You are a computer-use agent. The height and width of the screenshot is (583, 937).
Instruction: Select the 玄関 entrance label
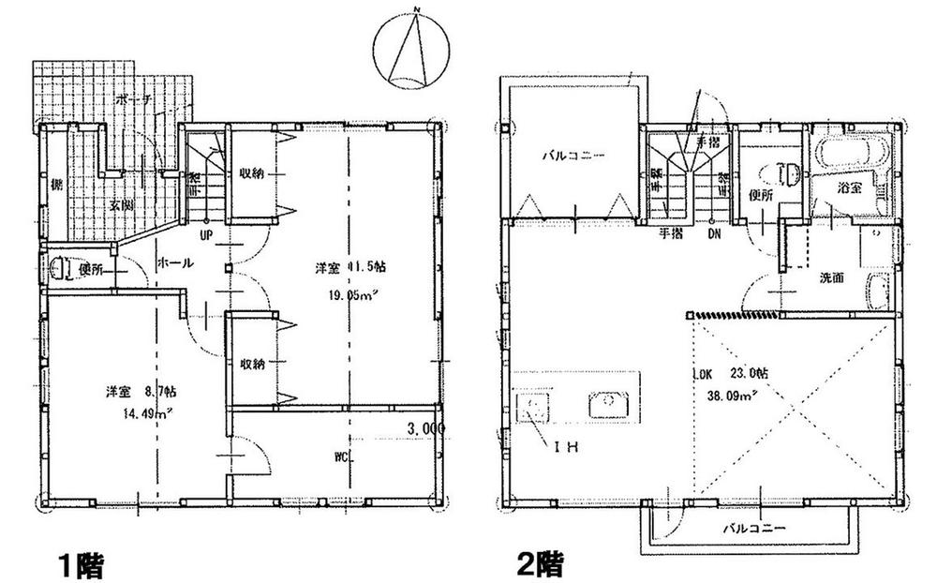tap(117, 203)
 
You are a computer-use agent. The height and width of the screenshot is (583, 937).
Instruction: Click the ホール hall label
tap(175, 263)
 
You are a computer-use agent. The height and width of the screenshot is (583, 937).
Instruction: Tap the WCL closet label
tap(342, 457)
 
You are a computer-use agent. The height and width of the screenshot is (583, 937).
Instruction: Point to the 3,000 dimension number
tap(424, 428)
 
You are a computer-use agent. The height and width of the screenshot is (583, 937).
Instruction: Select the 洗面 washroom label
tap(831, 277)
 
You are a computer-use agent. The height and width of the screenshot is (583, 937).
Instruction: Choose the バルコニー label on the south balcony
tap(753, 529)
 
